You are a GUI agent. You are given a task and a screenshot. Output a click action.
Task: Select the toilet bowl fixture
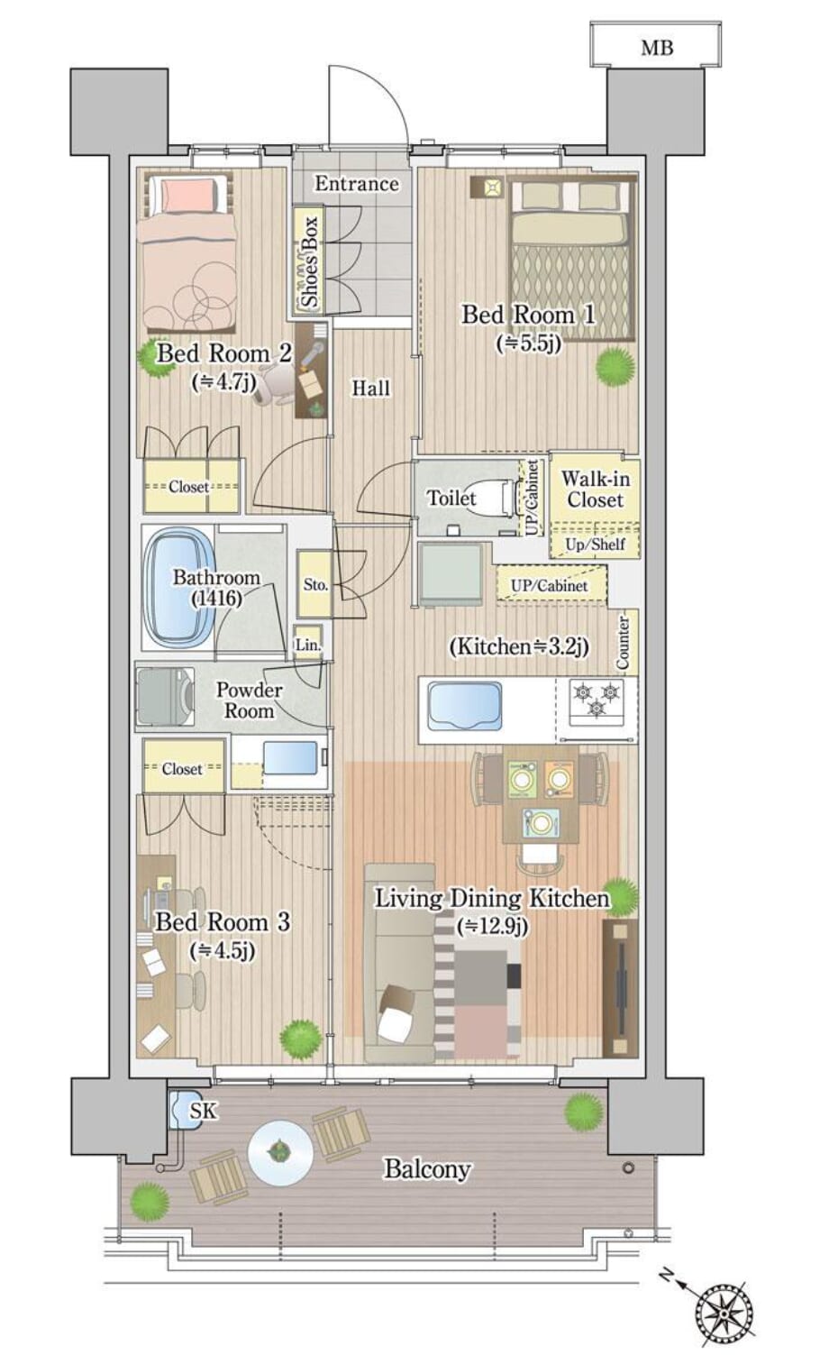point(503,498)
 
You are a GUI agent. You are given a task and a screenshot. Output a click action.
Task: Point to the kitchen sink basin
point(464,706)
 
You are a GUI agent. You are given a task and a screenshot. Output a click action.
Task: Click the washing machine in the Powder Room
point(165,696)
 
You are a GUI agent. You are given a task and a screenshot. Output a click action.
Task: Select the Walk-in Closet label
point(595,490)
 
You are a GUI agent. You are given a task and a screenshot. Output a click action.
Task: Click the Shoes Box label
point(310,261)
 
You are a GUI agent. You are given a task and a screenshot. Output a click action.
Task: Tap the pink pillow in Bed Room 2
point(188,196)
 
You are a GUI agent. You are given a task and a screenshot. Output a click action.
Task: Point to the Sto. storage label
point(315,584)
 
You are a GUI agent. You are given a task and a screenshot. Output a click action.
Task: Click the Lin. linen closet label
point(308,645)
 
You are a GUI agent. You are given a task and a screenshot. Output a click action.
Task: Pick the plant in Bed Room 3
point(300,1039)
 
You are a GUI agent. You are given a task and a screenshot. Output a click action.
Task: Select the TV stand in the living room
point(620,988)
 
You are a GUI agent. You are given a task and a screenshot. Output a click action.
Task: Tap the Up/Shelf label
point(595,544)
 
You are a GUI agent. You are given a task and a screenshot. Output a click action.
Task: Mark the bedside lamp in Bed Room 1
point(487,187)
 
